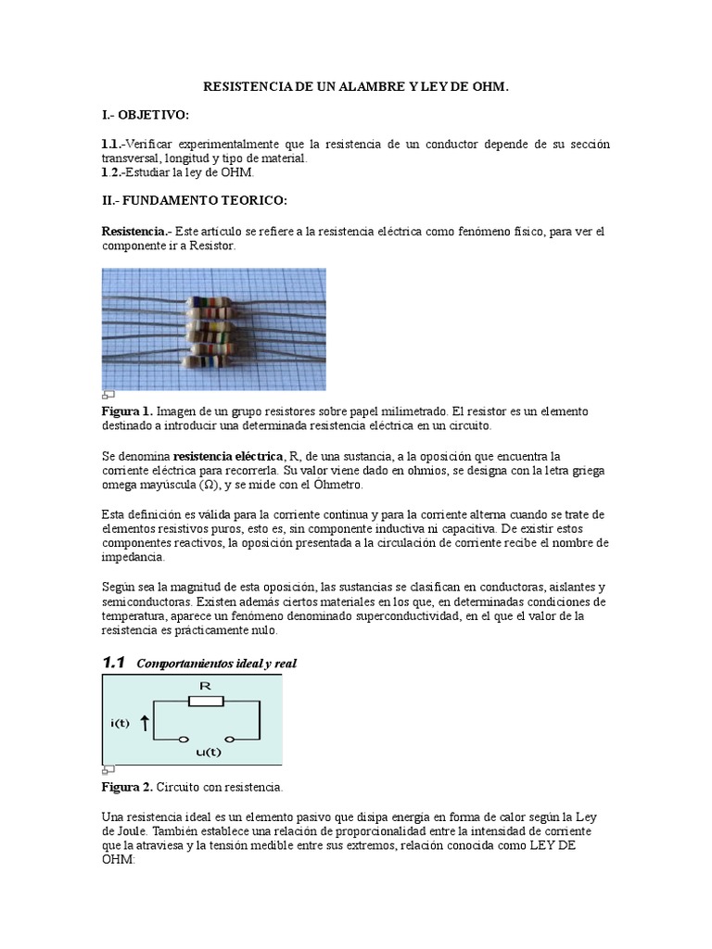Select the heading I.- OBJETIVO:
tap(146, 115)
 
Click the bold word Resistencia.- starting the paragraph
tap(135, 231)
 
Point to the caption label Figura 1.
tap(127, 411)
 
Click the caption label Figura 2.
tap(127, 787)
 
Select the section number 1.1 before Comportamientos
tap(113, 663)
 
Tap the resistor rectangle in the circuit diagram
tap(206, 702)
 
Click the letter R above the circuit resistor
tap(206, 686)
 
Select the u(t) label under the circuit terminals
tap(209, 752)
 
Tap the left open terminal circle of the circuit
tap(184, 740)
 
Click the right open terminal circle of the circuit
tap(230, 740)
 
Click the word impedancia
tap(133, 558)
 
